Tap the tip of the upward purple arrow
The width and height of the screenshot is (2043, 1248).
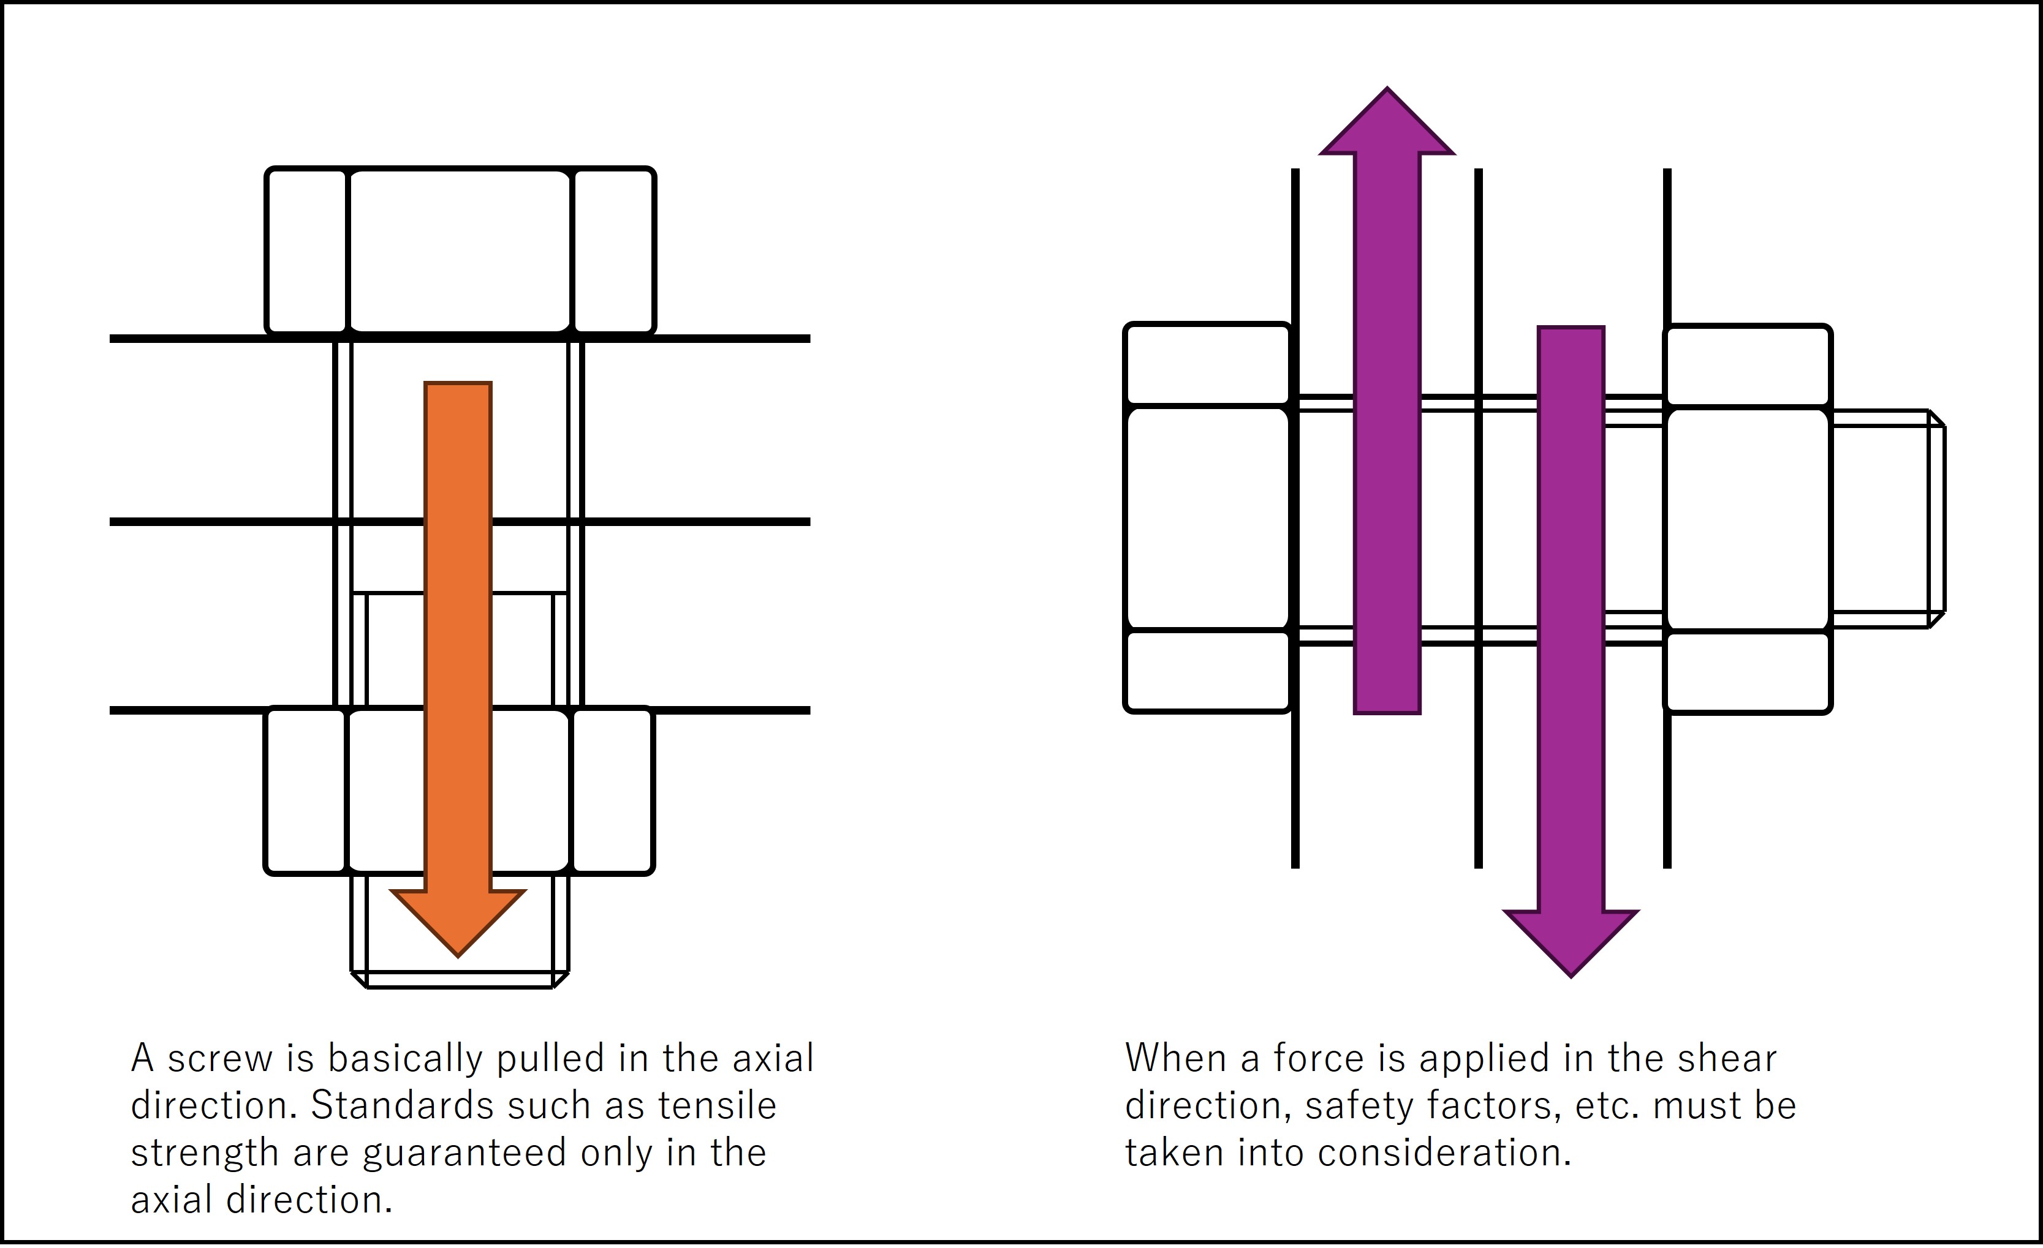1387,87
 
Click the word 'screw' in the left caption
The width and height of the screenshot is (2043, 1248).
220,1058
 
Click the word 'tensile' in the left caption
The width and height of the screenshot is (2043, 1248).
717,1105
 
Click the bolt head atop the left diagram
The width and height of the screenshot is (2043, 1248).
460,251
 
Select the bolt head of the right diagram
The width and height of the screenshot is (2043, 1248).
1208,518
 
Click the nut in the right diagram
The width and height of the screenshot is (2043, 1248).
1748,519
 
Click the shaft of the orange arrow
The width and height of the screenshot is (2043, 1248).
458,636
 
